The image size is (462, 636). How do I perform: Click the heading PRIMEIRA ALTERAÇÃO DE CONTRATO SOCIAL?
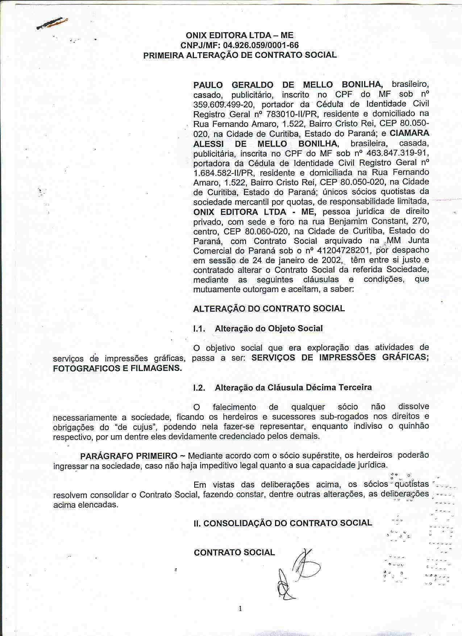click(240, 55)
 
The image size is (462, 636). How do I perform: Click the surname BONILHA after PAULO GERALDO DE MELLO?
click(362, 85)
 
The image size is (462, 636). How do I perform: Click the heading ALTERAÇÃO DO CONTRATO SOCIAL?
click(269, 309)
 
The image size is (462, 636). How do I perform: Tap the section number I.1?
click(200, 329)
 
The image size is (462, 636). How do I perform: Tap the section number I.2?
click(200, 388)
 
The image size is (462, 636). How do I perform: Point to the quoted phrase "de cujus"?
click(140, 427)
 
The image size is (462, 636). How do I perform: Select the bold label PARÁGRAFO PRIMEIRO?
click(129, 456)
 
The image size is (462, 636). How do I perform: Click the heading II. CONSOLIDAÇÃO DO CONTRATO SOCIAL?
click(283, 523)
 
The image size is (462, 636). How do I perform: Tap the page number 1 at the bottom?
click(240, 609)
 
